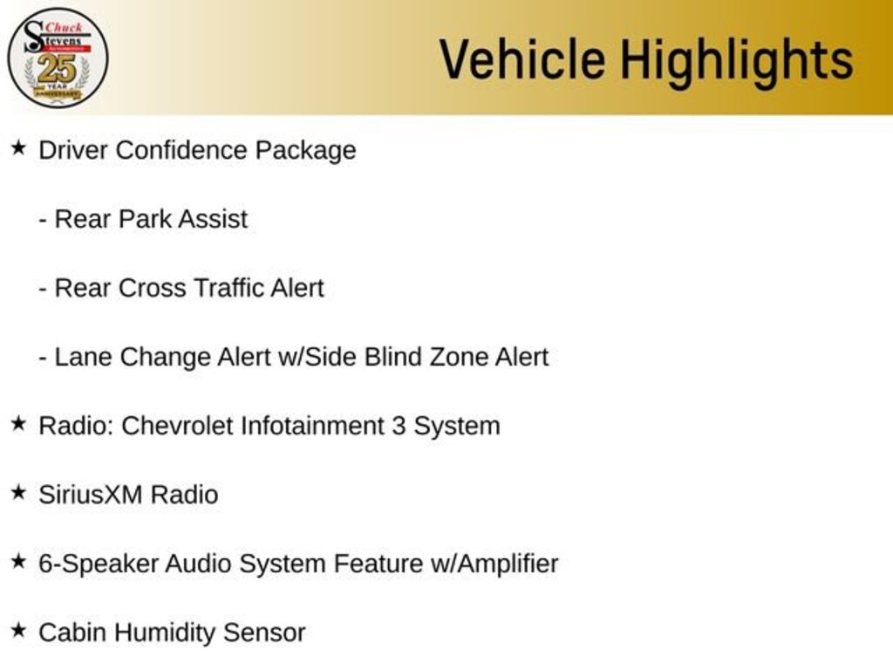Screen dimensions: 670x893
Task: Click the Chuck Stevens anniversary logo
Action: point(58,58)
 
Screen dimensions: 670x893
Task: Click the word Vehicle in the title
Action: point(521,59)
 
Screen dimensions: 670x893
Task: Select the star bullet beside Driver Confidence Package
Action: point(18,148)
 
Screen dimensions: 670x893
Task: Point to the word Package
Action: point(305,151)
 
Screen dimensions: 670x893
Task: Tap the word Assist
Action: point(213,219)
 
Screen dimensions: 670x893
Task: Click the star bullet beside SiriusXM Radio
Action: point(18,493)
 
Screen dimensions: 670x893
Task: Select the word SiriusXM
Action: point(91,495)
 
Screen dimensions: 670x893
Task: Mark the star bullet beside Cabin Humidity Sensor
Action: point(18,631)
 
